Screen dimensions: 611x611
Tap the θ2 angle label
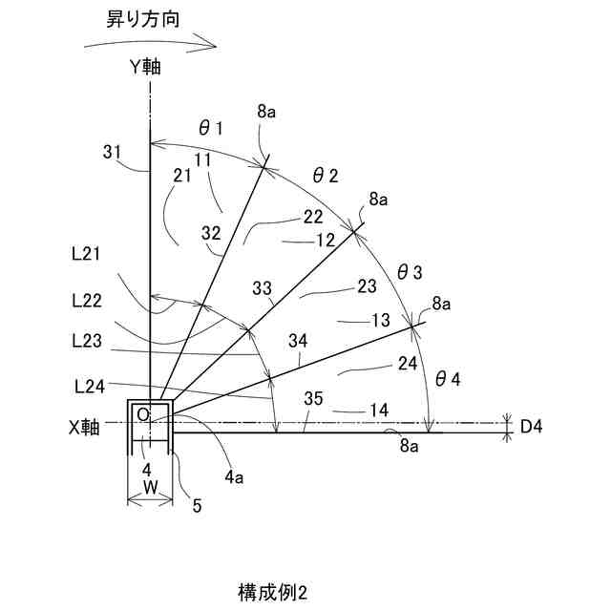coord(326,174)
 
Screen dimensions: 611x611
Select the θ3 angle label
coord(409,272)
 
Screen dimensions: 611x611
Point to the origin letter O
coord(142,414)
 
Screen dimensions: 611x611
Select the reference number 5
coord(197,506)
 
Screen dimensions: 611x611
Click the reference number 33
coord(263,287)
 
